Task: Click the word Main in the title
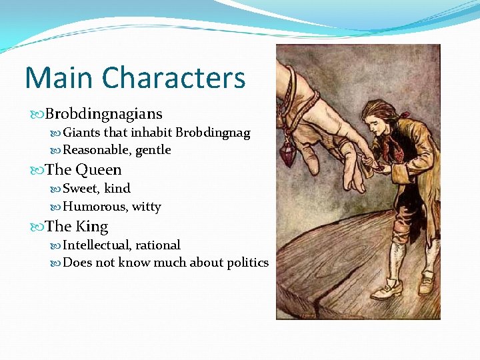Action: coord(57,78)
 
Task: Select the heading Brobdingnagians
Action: coord(104,114)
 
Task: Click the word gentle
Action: coord(153,150)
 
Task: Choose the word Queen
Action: coord(99,170)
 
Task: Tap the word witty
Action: coord(147,207)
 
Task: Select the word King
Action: coord(93,227)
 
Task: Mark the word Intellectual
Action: coord(97,245)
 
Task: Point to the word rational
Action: coord(157,245)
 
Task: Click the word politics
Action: coord(245,263)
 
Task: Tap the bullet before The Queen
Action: coord(37,171)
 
